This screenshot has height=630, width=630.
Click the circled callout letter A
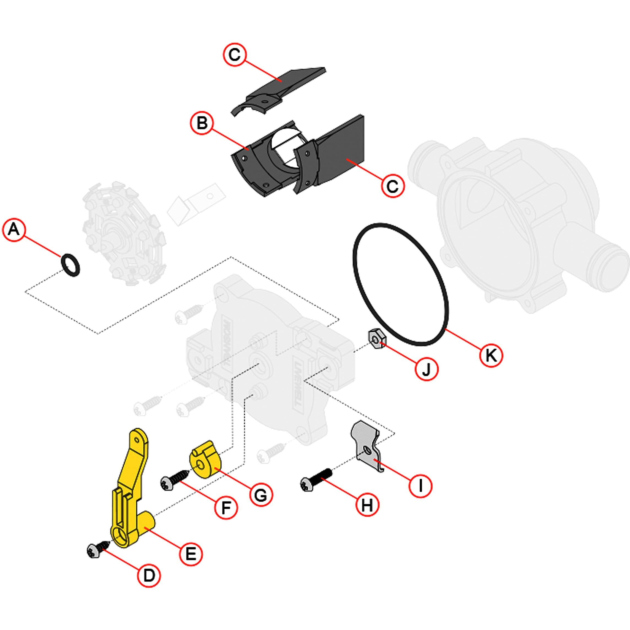tap(14, 230)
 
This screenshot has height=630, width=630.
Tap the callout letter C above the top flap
tap(234, 55)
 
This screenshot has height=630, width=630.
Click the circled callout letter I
tap(421, 485)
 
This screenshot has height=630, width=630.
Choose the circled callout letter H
tap(367, 506)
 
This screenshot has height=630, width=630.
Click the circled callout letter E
tap(191, 554)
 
